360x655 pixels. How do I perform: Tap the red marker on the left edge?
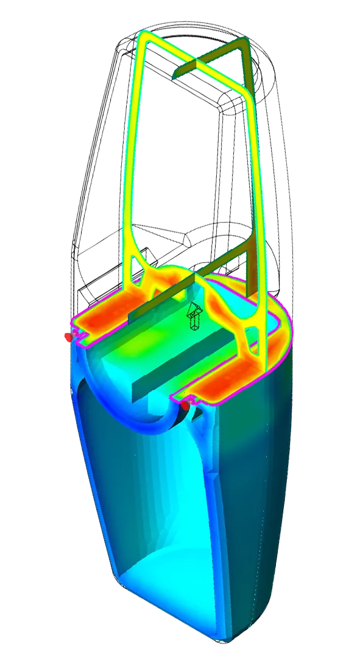point(69,337)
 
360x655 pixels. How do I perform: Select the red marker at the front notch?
point(185,404)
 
